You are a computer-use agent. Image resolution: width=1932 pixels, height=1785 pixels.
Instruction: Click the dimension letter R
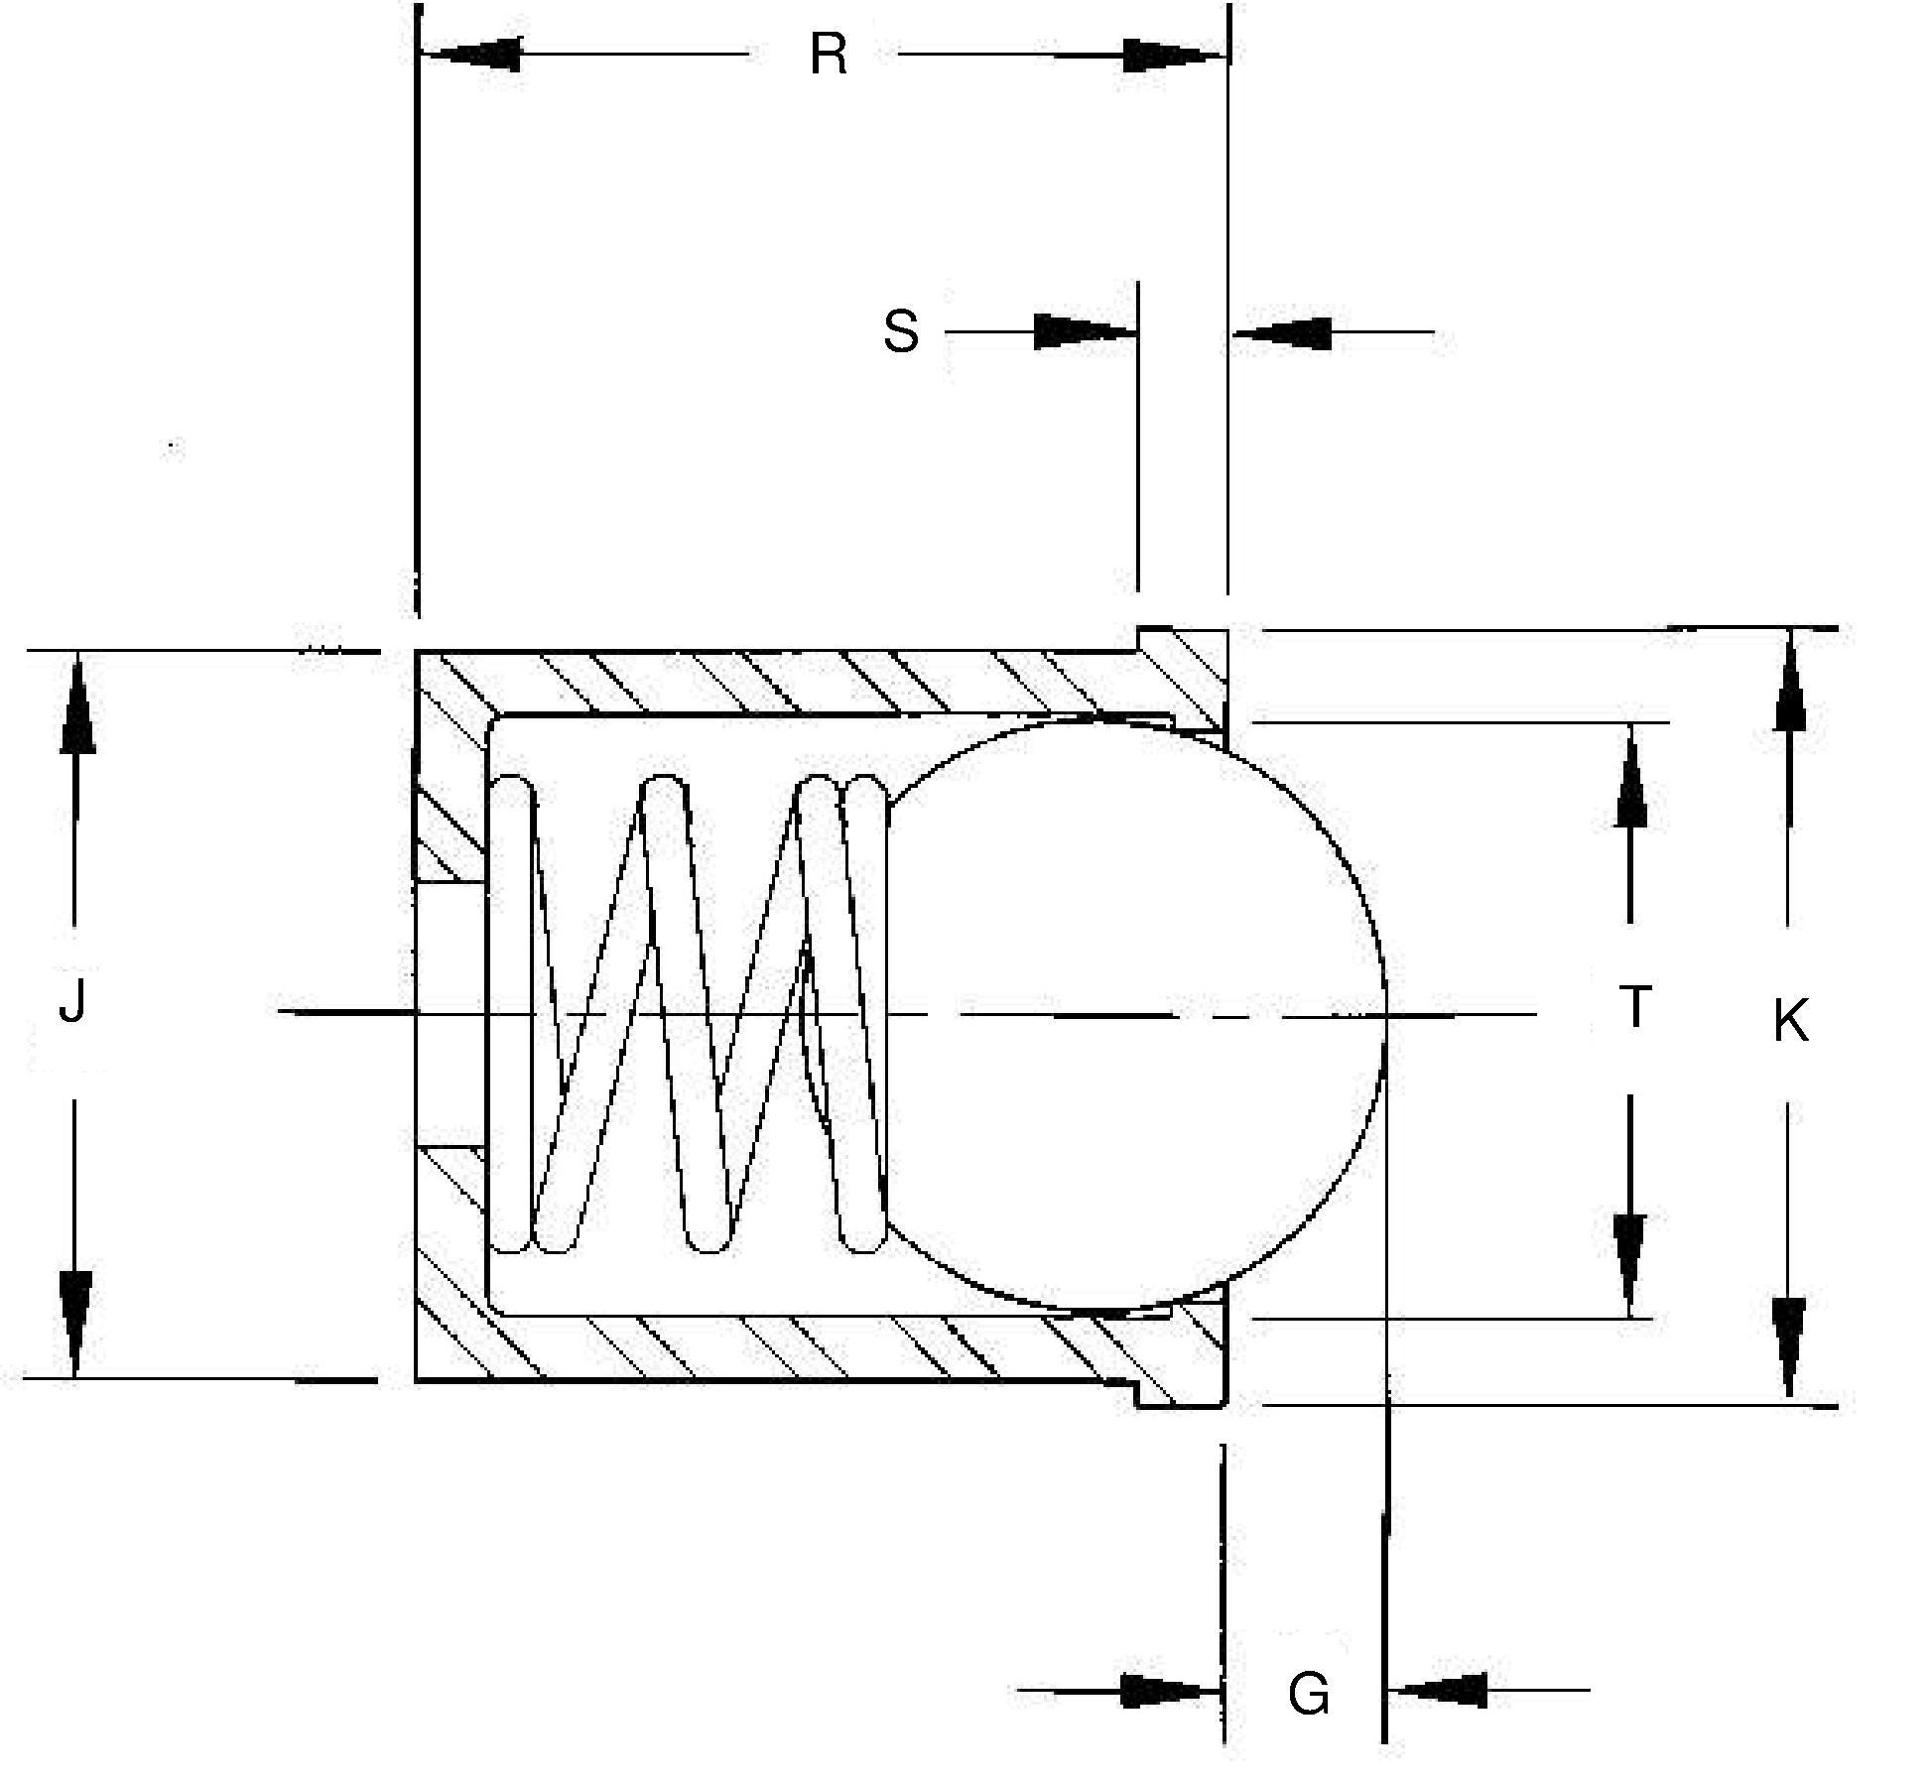pos(829,55)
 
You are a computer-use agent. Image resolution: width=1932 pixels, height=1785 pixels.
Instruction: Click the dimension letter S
pos(901,331)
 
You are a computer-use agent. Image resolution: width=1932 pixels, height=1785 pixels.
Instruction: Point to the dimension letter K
pos(1791,1021)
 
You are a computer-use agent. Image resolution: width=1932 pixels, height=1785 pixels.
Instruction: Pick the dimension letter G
pos(1308,1695)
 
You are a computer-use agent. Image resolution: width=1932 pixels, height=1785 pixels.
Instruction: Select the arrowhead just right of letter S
pos(1086,331)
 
